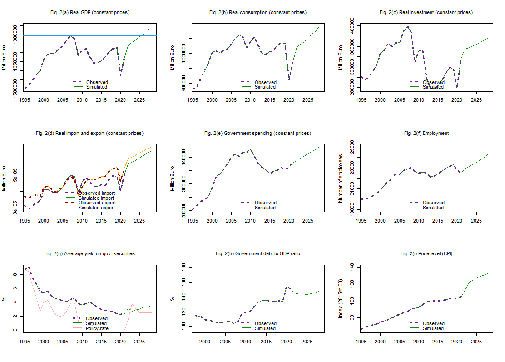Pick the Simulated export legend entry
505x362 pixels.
pyautogui.click(x=96, y=208)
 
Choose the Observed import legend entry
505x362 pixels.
pyautogui.click(x=96, y=193)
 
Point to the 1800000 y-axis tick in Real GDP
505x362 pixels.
pyautogui.click(x=16, y=35)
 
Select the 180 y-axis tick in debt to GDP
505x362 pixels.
pyautogui.click(x=185, y=268)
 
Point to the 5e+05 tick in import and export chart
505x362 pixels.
pyautogui.click(x=16, y=174)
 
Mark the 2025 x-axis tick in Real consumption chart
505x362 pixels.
pyautogui.click(x=307, y=99)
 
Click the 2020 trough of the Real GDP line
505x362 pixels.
pyautogui.click(x=120, y=75)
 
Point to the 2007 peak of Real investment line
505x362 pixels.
pyautogui.click(x=407, y=26)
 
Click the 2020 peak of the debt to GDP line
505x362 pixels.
pyautogui.click(x=287, y=286)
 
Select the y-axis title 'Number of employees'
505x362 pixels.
pyautogui.click(x=341, y=178)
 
